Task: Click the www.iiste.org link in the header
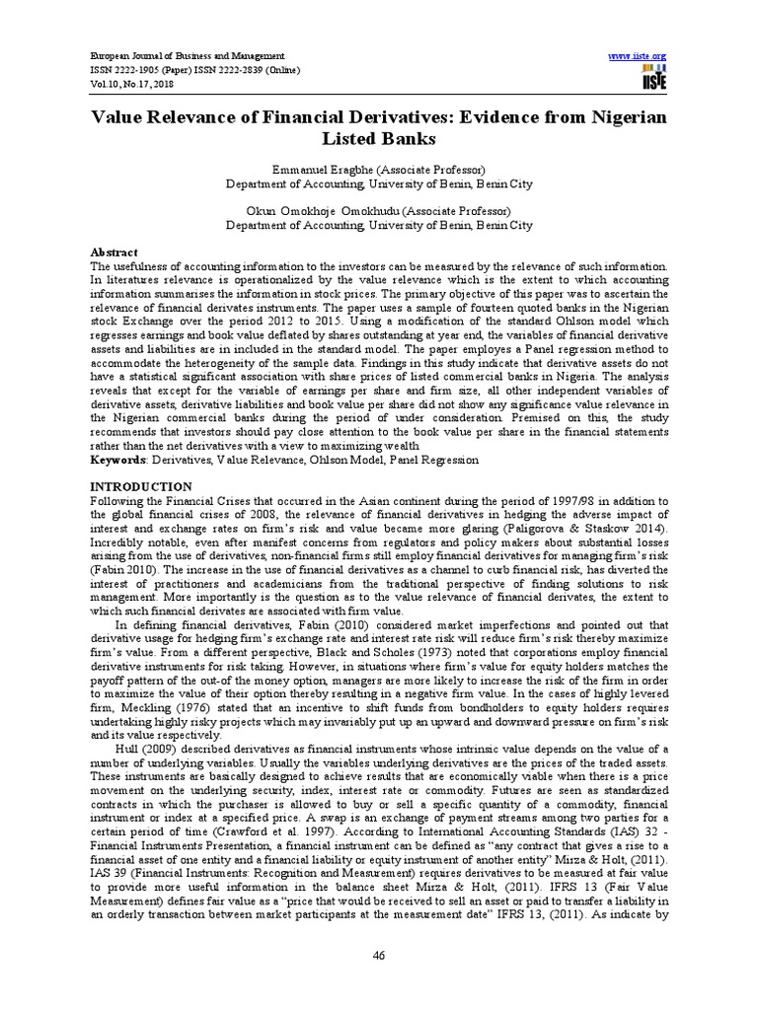click(640, 56)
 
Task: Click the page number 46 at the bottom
click(378, 955)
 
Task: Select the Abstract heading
click(114, 252)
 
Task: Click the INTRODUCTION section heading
click(141, 487)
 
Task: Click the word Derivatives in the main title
click(376, 117)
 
